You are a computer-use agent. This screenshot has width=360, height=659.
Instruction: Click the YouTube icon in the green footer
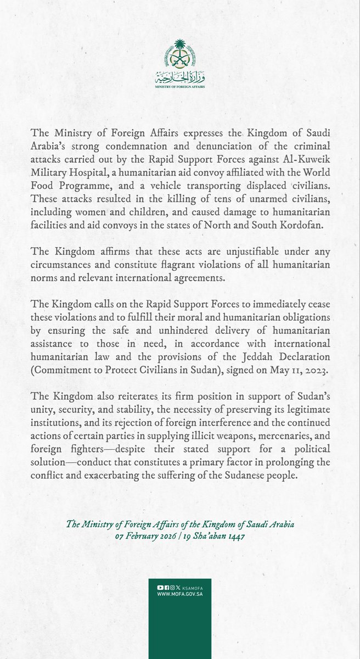tap(160, 587)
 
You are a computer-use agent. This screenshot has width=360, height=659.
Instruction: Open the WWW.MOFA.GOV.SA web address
tap(179, 595)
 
